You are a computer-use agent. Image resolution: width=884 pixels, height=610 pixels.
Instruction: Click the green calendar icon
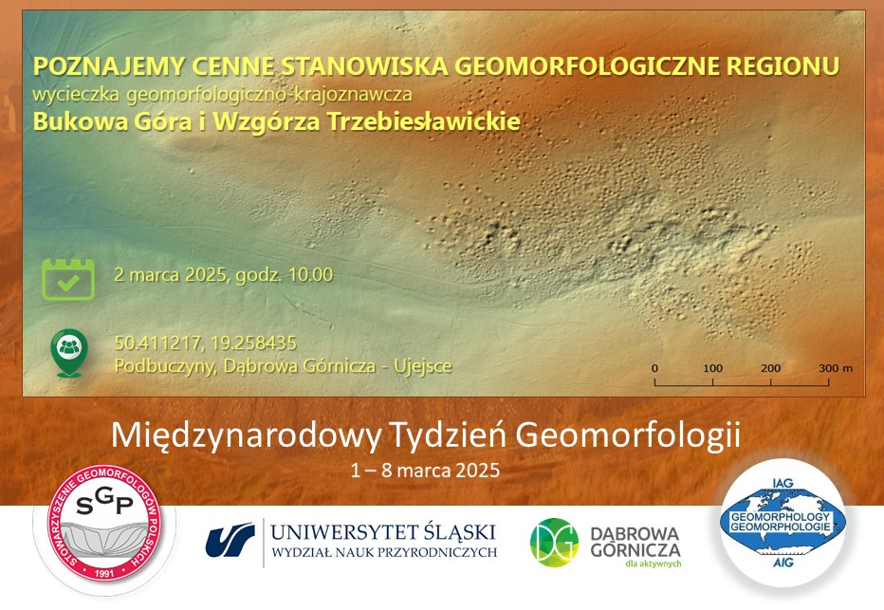[x=68, y=279]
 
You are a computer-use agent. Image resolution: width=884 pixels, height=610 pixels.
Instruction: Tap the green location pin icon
[x=69, y=353]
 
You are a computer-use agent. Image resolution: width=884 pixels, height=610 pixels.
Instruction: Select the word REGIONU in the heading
[x=783, y=66]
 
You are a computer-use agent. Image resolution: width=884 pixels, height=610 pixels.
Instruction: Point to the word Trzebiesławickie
[x=423, y=121]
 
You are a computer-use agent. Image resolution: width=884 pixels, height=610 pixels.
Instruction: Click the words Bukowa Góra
[x=112, y=121]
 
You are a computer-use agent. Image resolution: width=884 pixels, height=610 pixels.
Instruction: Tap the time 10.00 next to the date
[x=311, y=274]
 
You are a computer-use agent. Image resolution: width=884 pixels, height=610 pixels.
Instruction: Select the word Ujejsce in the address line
[x=423, y=366]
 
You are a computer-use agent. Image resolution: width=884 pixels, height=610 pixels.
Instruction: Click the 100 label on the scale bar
[x=712, y=368]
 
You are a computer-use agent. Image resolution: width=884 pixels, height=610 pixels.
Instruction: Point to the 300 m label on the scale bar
[x=836, y=368]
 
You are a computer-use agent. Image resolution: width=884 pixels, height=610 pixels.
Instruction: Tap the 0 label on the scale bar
[x=654, y=368]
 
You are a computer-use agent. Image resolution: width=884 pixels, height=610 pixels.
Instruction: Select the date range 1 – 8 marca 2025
[x=425, y=471]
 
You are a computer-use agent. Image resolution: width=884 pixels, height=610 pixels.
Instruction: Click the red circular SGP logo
[x=105, y=523]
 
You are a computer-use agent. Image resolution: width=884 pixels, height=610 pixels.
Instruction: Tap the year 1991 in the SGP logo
[x=105, y=574]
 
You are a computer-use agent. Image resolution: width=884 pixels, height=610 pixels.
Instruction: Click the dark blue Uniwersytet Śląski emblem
[x=230, y=540]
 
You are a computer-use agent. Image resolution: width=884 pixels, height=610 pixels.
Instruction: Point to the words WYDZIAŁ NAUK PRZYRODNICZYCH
[x=384, y=552]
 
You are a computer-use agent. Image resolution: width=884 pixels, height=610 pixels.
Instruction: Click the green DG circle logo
[x=554, y=542]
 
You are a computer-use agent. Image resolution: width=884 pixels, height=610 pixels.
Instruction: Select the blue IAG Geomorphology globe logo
[x=783, y=523]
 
